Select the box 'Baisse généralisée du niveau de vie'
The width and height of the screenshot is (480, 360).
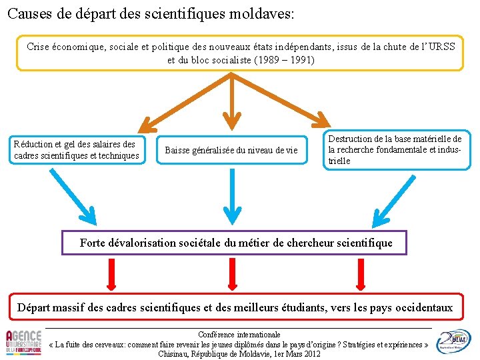coord(231,150)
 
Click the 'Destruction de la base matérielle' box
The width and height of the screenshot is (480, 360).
coord(395,150)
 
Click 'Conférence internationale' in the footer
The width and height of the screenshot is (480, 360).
coord(240,334)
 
